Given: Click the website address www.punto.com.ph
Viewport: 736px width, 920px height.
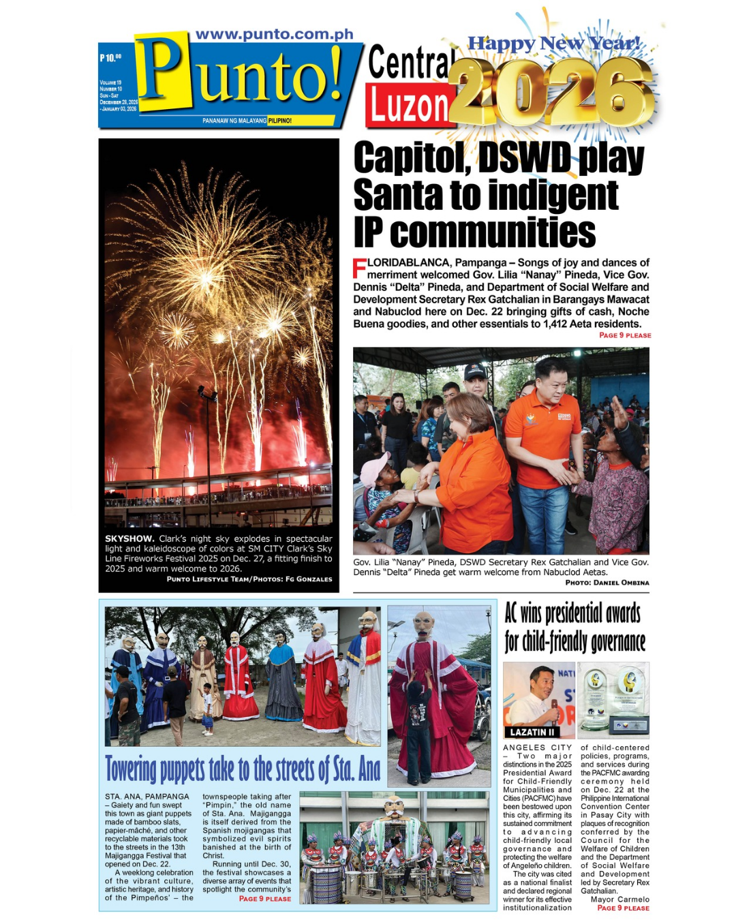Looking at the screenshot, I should (x=275, y=34).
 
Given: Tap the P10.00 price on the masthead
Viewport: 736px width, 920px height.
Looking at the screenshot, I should (x=110, y=58).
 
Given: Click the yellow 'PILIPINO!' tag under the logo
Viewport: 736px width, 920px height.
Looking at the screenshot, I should (x=279, y=121).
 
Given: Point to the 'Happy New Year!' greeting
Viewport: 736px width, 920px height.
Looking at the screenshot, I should (x=553, y=44).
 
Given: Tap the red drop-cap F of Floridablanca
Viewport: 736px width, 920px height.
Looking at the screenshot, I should (x=359, y=269).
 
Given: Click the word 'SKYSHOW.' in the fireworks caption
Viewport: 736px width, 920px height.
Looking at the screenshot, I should (x=129, y=538).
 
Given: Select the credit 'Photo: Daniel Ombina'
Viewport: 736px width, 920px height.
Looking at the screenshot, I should (x=607, y=583).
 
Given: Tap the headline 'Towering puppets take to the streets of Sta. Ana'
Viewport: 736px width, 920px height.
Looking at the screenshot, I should (x=243, y=769).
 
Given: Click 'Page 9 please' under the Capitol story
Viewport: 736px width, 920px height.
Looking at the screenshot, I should (x=624, y=335).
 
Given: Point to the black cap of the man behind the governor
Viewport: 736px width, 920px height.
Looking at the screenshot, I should (x=475, y=372).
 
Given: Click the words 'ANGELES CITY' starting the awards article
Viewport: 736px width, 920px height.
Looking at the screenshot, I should (x=537, y=748).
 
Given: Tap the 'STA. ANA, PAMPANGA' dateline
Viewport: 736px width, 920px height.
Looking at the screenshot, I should (x=147, y=797).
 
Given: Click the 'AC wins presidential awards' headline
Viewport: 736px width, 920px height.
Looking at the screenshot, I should (x=575, y=627).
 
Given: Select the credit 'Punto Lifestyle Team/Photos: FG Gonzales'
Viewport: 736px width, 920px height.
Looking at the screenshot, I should (x=249, y=579).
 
